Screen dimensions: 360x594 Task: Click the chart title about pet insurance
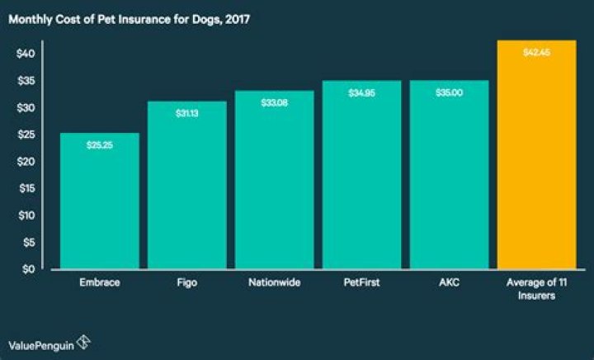[x=130, y=17]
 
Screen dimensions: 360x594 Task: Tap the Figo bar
[x=187, y=185]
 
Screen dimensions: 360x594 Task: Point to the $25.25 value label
[x=100, y=144]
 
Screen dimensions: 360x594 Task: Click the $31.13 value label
[x=187, y=112]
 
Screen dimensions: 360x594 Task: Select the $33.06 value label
[x=275, y=102]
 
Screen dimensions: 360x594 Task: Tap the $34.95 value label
[x=362, y=92]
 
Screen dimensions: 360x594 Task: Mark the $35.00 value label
[x=449, y=92]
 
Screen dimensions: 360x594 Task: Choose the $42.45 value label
[x=537, y=52]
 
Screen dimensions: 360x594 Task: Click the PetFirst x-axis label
[x=362, y=282]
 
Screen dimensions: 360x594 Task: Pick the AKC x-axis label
[x=449, y=282]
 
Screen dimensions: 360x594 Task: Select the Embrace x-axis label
[x=100, y=282]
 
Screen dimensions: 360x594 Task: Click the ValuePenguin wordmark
[x=40, y=343]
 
